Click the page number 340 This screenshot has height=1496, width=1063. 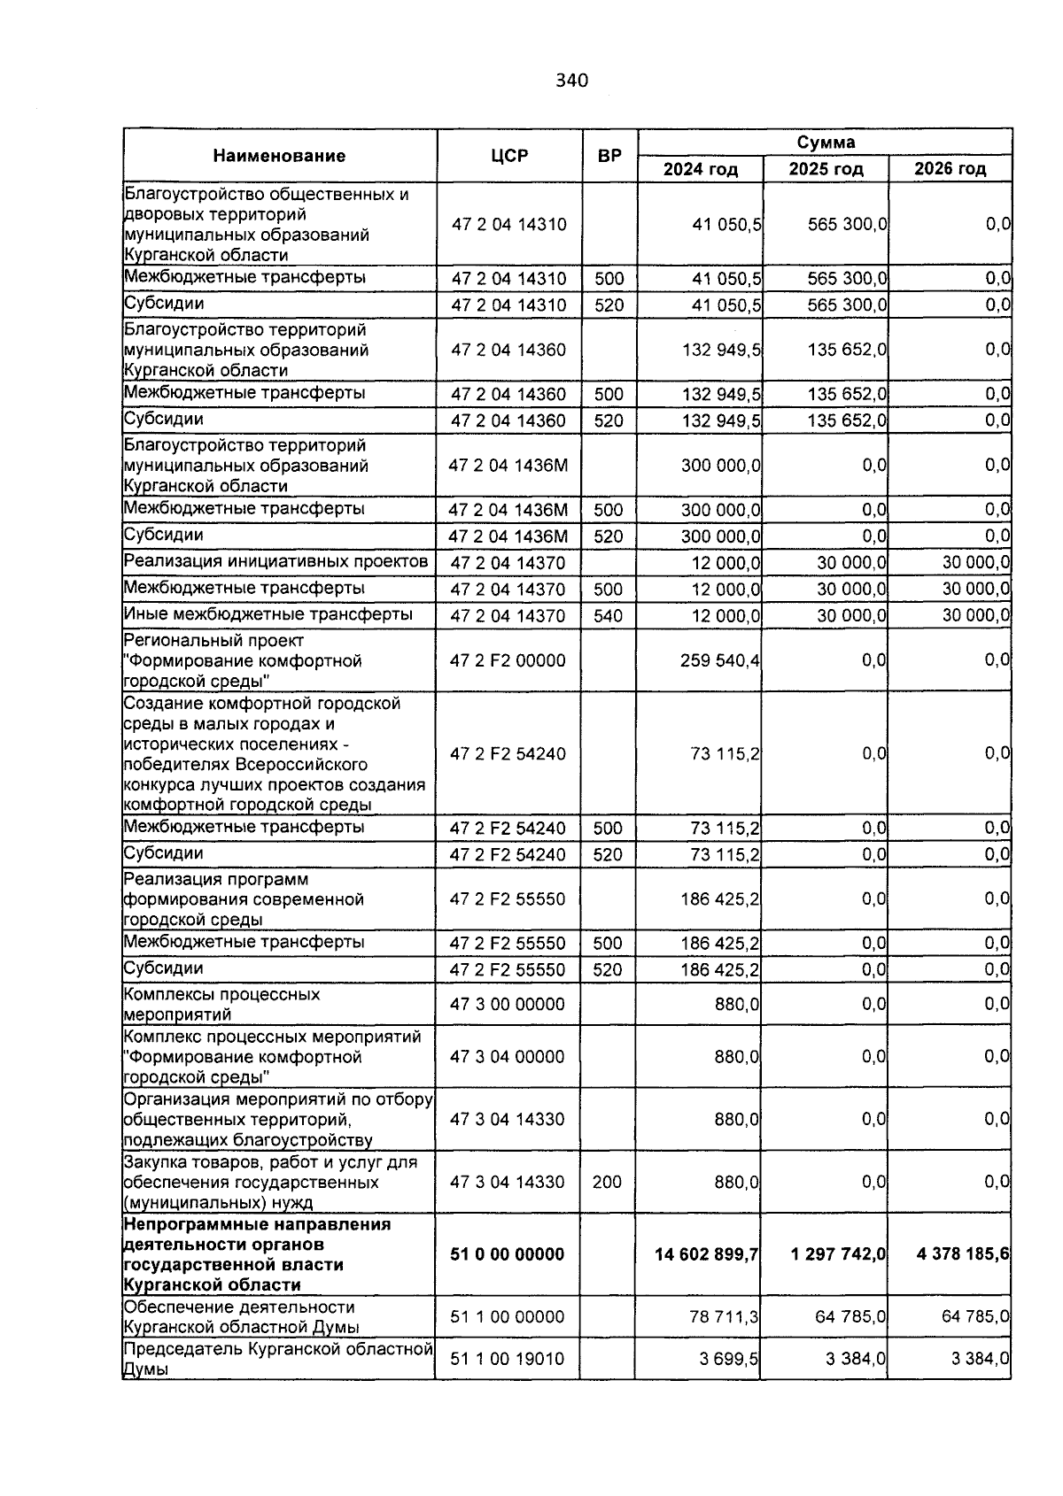[x=571, y=81]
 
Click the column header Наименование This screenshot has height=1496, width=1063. [x=279, y=157]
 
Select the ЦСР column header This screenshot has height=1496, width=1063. [x=509, y=157]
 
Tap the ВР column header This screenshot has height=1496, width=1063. [x=609, y=157]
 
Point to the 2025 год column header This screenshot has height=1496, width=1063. [x=826, y=169]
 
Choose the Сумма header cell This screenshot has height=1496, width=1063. [x=826, y=143]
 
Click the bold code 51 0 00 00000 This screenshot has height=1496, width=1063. [x=508, y=1254]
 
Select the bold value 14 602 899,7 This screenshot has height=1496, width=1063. [x=706, y=1254]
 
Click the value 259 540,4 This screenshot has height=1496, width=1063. [x=720, y=660]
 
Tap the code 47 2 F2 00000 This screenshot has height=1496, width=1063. [x=508, y=660]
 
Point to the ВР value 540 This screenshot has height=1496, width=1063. [x=609, y=616]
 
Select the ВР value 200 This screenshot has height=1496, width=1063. [x=607, y=1182]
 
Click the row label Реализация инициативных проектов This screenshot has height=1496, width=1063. [x=276, y=561]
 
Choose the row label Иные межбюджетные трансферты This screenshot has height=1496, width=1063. [x=268, y=614]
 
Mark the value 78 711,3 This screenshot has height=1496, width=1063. [x=724, y=1317]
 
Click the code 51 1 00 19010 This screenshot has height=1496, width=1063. [x=508, y=1359]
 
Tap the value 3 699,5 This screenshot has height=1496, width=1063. [x=728, y=1359]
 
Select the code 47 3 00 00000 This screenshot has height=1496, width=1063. [x=508, y=1005]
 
